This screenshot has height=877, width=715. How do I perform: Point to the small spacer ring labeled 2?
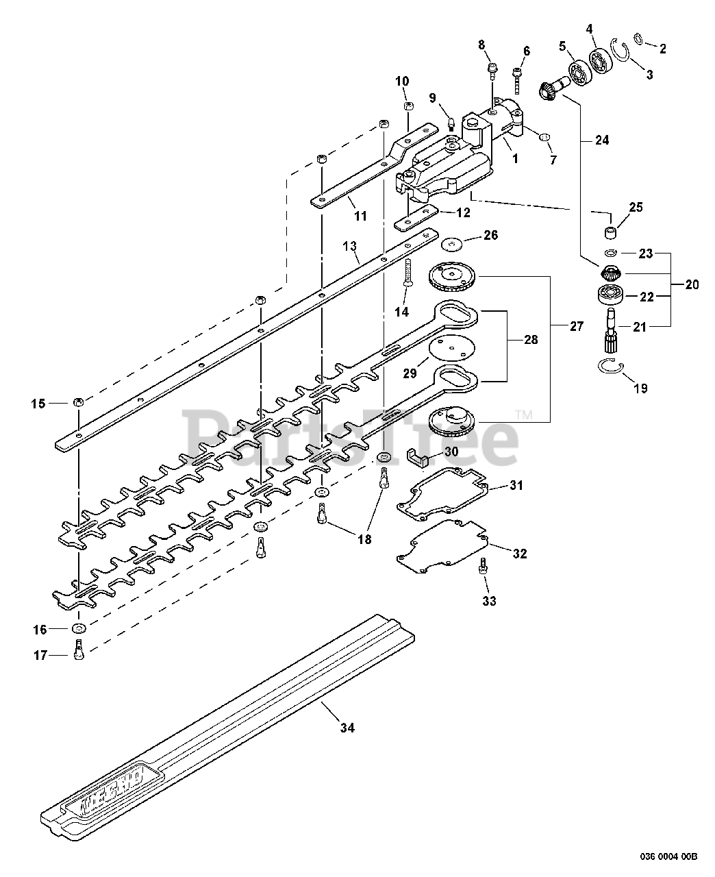pos(639,40)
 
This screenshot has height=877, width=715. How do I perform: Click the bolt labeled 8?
pos(493,71)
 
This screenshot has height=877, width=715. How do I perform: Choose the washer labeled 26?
pos(452,245)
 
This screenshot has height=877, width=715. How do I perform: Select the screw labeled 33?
pos(484,567)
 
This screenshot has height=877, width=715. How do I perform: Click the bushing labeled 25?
pos(610,232)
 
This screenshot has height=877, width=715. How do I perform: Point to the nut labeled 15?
pos(78,402)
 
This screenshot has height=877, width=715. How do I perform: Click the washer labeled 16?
pos(79,627)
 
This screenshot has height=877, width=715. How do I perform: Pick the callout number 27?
pos(576,326)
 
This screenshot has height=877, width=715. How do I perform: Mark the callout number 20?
pos(692,285)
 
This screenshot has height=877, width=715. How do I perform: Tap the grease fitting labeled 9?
pos(450,124)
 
